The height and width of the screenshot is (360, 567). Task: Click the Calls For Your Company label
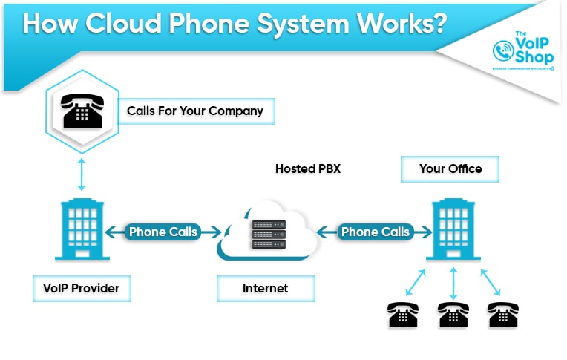195,111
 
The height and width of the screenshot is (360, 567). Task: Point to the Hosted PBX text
307,168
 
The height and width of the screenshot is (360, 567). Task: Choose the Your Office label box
450,168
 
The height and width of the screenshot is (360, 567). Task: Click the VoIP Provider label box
82,288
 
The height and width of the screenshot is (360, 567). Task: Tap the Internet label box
265,288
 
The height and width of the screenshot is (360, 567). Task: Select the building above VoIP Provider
82,229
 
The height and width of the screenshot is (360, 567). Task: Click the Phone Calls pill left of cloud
163,232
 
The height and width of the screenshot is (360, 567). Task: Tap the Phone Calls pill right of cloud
375,232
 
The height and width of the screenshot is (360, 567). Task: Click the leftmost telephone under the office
402,315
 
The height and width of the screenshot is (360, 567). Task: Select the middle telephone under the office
453,315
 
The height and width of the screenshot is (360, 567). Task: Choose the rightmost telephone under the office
502,315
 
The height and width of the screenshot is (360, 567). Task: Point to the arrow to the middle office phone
453,283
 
